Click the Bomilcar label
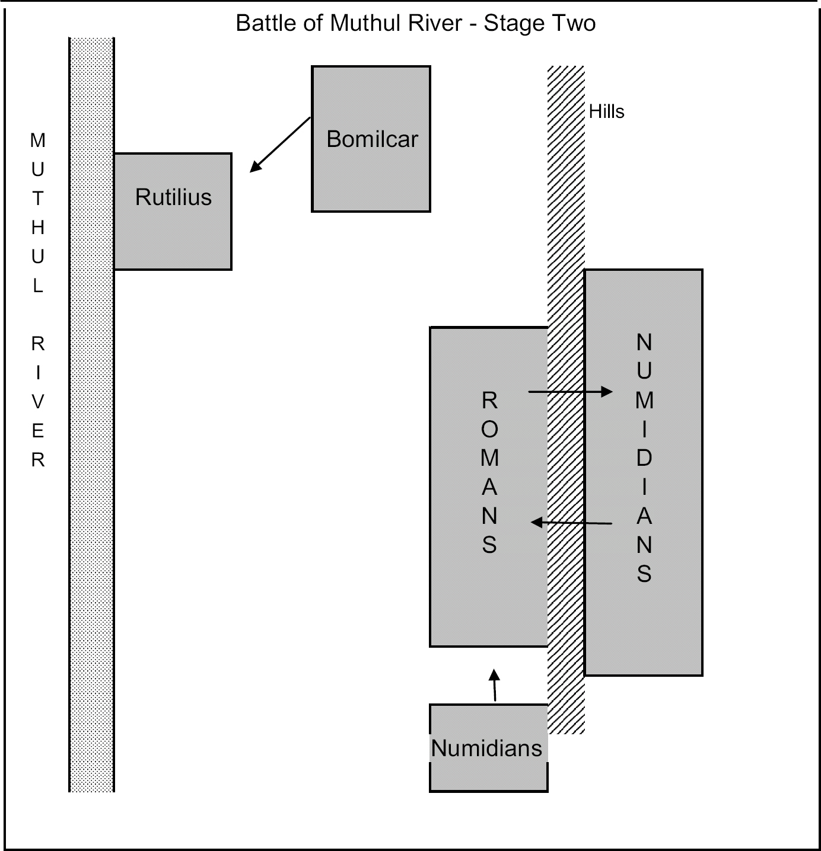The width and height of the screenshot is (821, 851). coord(372,139)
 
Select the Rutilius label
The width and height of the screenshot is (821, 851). coord(173,197)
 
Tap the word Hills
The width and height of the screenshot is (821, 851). coord(606,111)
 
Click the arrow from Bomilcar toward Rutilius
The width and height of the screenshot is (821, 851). coord(280,145)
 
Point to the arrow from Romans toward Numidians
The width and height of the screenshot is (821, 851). coord(569,391)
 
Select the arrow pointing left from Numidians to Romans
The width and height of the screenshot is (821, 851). coord(571,523)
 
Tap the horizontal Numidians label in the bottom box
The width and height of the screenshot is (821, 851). coord(486,748)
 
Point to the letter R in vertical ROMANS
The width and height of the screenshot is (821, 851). coord(489,401)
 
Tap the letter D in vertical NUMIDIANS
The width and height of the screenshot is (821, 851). coord(644,458)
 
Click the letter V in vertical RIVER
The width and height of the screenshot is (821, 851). coord(38,402)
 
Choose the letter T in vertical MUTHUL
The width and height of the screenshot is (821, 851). coord(38,199)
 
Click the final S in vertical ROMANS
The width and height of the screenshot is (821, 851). coord(489,545)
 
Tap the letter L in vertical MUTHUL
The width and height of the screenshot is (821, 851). coord(38,286)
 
